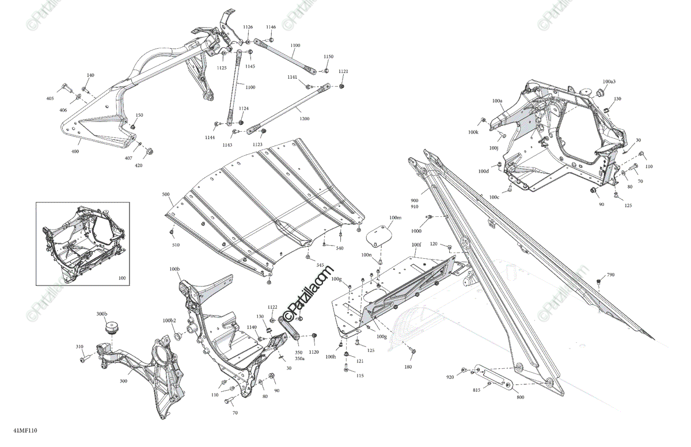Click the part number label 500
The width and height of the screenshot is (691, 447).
pos(166,195)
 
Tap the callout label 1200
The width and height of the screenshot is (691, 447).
pos(304,119)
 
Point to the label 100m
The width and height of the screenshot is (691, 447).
pos(395,218)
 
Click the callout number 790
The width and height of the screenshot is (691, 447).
pos(610,275)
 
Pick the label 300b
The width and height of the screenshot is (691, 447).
pos(101,314)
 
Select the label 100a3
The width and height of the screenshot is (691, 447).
pos(609,82)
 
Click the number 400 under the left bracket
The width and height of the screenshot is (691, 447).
pos(75,151)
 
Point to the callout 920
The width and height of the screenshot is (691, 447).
pos(450,377)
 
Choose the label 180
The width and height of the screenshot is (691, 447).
pos(408,366)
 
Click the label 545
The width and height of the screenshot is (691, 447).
pos(320,265)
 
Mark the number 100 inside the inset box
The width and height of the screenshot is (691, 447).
pos(122,278)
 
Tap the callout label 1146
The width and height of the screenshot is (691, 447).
pos(271,27)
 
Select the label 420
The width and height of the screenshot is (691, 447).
pos(139,165)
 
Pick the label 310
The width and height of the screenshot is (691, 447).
pos(79,347)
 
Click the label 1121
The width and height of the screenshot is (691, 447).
pos(343,71)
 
